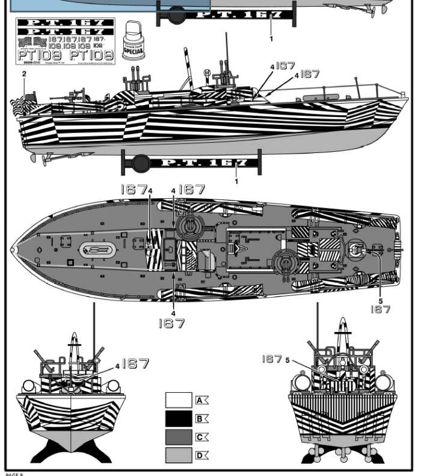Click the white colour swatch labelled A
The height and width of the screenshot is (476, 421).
pos(179,400)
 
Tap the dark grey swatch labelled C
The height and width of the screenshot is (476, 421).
pos(179,437)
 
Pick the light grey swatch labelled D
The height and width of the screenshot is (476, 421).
pos(179,456)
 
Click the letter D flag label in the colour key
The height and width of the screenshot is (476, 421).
pos(201,456)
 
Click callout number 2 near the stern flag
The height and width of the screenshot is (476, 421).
pos(24,74)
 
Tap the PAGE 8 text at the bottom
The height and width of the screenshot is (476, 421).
pos(14,473)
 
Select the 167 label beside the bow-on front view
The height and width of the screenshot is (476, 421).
pos(135,364)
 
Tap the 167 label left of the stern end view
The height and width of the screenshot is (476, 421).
pos(271,359)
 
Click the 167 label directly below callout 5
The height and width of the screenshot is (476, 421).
pos(380,309)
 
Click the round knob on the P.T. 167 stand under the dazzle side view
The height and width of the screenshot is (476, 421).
pos(141,163)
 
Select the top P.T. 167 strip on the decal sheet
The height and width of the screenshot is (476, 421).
pos(65,22)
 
